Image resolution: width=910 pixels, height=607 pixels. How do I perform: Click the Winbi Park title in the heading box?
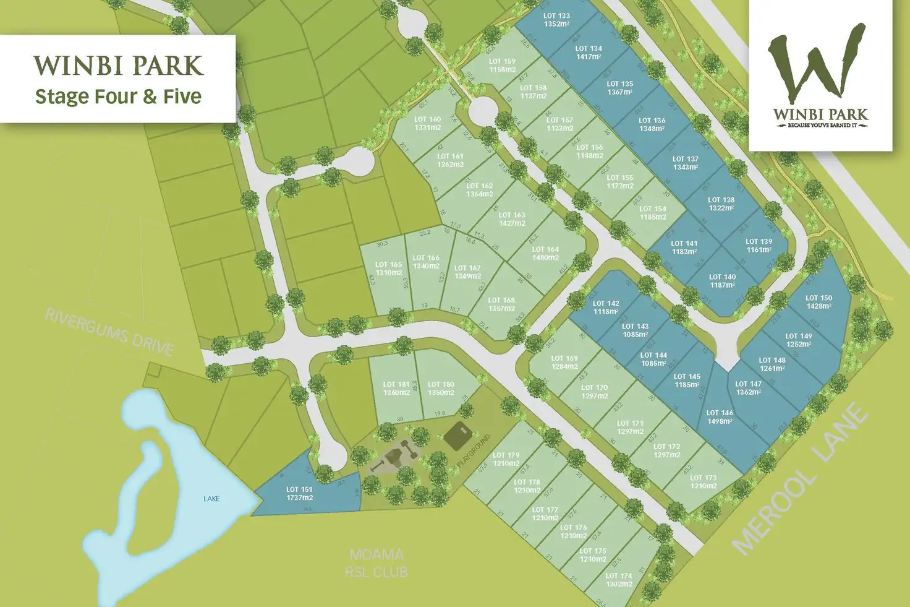coord(118,66)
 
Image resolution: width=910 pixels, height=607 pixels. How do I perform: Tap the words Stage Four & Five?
coord(118,97)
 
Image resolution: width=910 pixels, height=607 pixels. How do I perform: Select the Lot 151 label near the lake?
coord(299,493)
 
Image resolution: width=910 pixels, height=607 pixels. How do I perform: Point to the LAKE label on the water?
coord(211,499)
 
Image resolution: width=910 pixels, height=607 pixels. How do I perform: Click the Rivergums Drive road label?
coord(109,332)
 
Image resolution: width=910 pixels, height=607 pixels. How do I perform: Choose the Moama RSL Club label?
coord(376,563)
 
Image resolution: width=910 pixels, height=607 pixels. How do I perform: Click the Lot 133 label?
coord(556,20)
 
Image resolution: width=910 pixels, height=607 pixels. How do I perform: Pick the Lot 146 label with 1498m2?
coord(720,417)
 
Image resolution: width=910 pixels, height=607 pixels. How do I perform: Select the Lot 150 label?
coord(819,302)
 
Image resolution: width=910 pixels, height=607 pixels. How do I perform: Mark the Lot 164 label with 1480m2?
coord(545,254)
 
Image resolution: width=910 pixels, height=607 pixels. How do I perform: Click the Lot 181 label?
coord(396,389)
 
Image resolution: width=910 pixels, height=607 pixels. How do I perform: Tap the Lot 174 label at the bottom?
coord(619,580)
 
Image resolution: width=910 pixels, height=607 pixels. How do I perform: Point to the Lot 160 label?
coord(427,123)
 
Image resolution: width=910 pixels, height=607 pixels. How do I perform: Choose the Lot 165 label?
coord(388,269)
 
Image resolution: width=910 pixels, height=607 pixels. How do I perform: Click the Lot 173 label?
coord(703,481)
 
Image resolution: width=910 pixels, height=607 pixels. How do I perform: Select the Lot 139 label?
coord(759,246)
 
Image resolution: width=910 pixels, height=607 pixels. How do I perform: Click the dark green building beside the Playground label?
coord(458,436)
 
